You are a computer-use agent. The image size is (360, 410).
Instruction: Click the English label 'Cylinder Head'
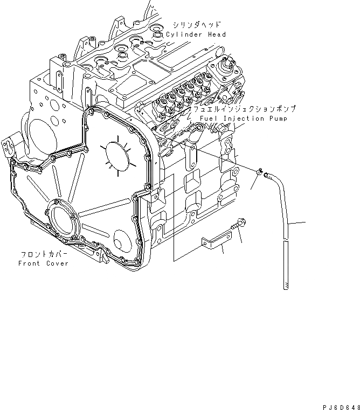pyautogui.click(x=196, y=34)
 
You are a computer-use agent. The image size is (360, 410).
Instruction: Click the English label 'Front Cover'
pyautogui.click(x=43, y=263)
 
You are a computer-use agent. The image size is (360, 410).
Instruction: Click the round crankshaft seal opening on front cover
pyautogui.click(x=64, y=216)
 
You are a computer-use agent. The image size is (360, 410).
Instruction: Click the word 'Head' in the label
pyautogui.click(x=216, y=34)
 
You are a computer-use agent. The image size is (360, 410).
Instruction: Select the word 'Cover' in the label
pyautogui.click(x=58, y=263)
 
